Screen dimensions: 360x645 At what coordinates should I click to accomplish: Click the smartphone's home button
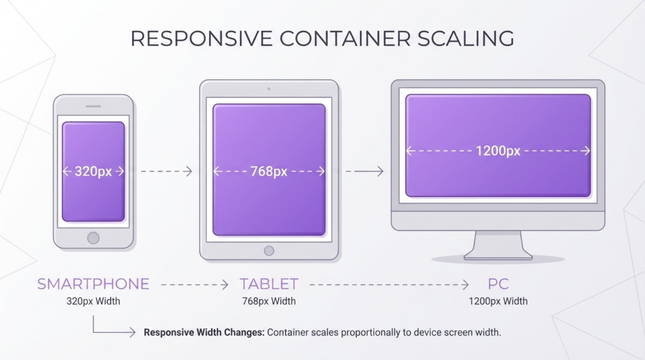click(x=94, y=237)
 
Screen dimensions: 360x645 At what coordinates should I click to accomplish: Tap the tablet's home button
click(x=269, y=250)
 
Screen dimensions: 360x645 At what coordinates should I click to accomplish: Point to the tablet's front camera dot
click(x=269, y=88)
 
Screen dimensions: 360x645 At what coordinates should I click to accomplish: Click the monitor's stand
click(x=497, y=245)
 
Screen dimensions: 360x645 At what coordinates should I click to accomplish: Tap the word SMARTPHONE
click(x=93, y=284)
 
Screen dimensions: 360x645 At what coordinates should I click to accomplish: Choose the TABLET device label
click(x=269, y=284)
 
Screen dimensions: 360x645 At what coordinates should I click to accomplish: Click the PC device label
click(x=498, y=284)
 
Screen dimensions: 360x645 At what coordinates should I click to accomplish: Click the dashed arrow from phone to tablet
click(x=166, y=171)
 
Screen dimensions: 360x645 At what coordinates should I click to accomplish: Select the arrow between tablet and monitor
click(x=364, y=171)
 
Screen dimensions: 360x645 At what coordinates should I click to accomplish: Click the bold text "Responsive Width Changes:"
click(x=203, y=333)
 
